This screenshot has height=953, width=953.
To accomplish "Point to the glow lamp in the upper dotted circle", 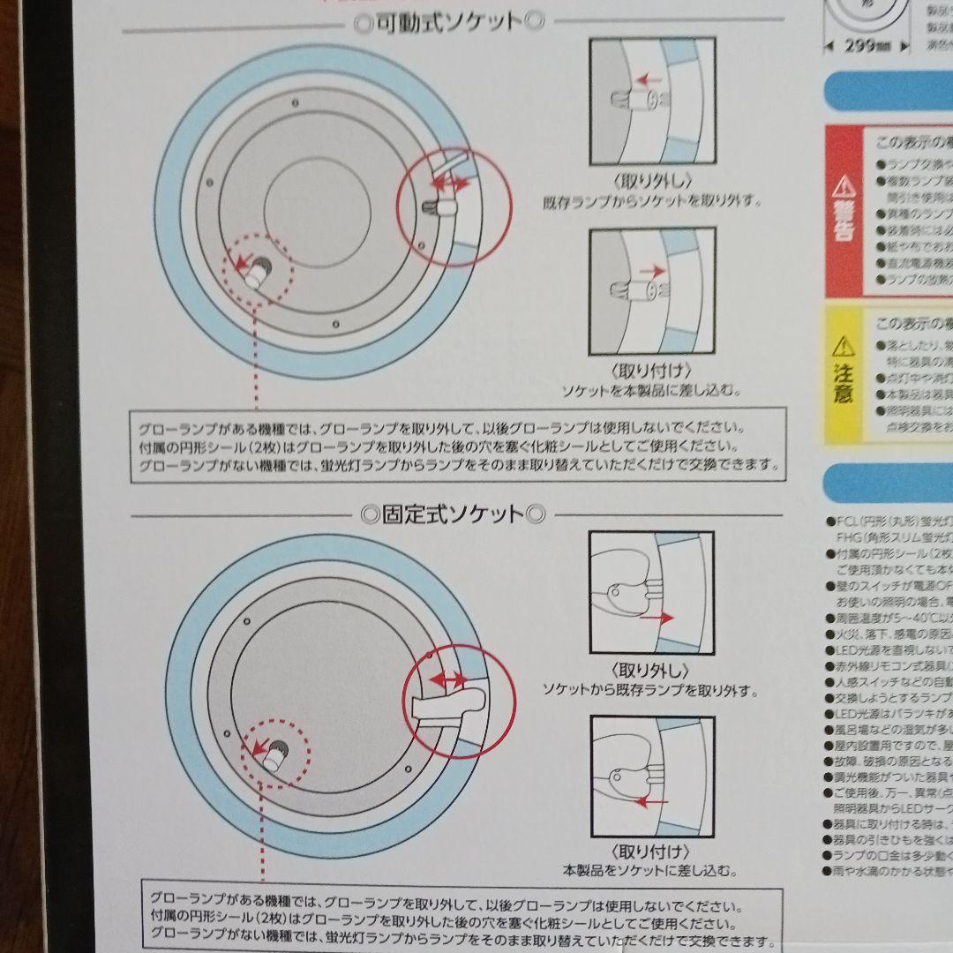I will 260,273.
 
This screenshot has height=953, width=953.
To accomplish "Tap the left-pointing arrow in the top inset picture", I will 649,80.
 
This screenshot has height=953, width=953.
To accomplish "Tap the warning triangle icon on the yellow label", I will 844,344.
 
